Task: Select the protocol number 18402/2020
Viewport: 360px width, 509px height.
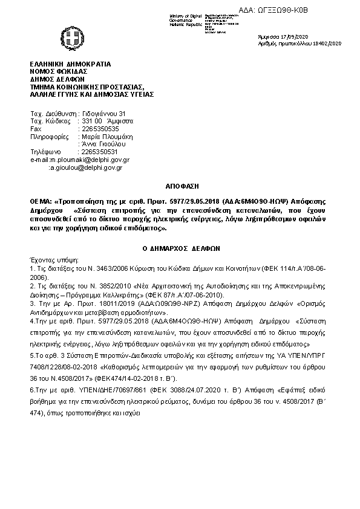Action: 328,44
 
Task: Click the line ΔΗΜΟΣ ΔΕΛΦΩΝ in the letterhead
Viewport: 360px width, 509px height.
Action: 57,79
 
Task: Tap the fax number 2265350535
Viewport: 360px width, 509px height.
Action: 100,129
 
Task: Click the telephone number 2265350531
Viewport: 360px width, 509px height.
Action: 100,152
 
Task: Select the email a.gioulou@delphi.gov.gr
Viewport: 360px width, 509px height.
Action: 85,167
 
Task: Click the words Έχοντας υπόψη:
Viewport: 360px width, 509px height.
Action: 50,258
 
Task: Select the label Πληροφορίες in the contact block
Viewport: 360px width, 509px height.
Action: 47,137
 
